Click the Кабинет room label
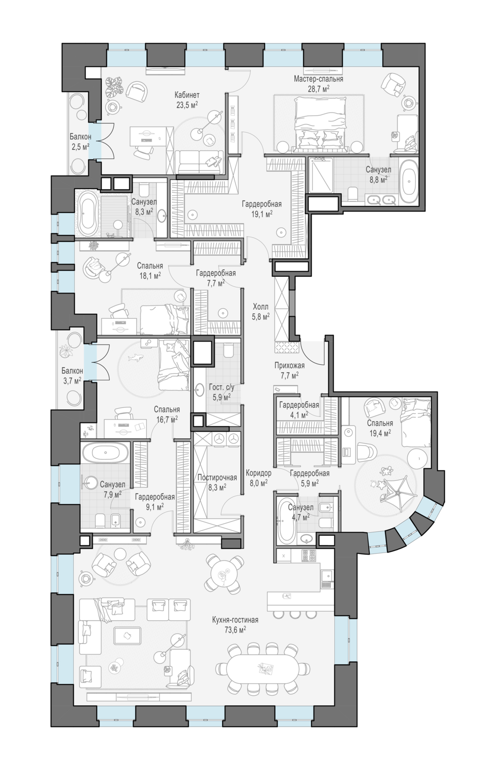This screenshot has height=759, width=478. click(x=187, y=95)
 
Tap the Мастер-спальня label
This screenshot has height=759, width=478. click(x=319, y=79)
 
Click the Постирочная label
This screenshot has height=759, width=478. click(x=217, y=478)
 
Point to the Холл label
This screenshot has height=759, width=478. click(x=260, y=307)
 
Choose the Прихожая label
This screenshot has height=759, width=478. click(x=289, y=365)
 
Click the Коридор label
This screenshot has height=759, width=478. click(x=258, y=473)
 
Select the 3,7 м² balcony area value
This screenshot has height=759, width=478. click(x=72, y=380)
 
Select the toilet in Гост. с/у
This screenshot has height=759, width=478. click(x=228, y=350)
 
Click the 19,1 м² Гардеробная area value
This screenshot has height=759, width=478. click(x=262, y=214)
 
